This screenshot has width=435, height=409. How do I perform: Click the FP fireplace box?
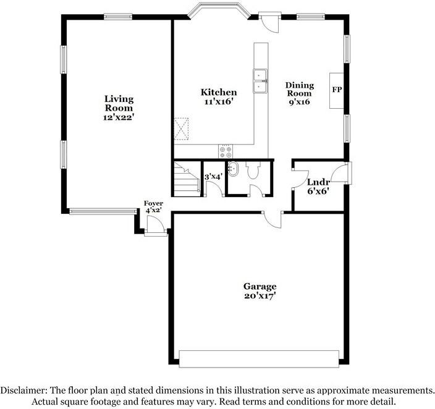pos(337,90)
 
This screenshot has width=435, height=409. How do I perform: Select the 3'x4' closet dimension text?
pos(213,177)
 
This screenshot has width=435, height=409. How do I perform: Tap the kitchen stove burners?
pos(226,151)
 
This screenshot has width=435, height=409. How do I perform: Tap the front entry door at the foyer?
pos(156,228)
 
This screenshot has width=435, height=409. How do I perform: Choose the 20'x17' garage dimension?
pos(260,296)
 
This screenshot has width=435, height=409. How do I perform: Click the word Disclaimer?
pos(22,391)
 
